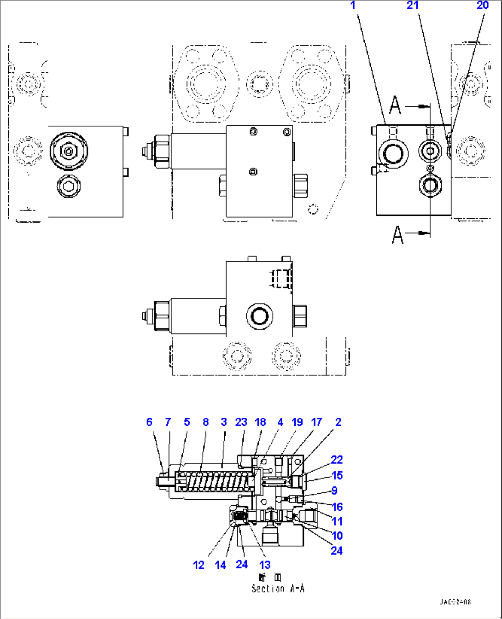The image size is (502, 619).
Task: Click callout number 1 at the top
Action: [353, 6]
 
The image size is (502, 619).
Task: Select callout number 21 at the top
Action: [412, 6]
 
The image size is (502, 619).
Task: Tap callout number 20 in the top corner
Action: [482, 6]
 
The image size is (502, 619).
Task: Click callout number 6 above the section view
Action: [149, 422]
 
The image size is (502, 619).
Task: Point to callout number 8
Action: [205, 422]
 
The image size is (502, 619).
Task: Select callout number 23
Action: [241, 422]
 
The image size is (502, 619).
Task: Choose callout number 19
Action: [297, 422]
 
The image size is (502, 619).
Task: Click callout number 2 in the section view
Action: [338, 422]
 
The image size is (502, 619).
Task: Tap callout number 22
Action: [337, 460]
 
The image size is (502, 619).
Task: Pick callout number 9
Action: [334, 491]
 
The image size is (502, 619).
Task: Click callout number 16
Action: [337, 507]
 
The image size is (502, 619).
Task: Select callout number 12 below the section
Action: [198, 565]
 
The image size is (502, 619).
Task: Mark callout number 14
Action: [221, 565]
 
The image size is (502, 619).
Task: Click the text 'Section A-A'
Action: [278, 589]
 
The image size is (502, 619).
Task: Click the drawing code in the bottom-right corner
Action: [455, 602]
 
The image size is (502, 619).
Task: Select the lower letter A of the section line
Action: [397, 235]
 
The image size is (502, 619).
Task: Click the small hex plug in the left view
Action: [69, 187]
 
